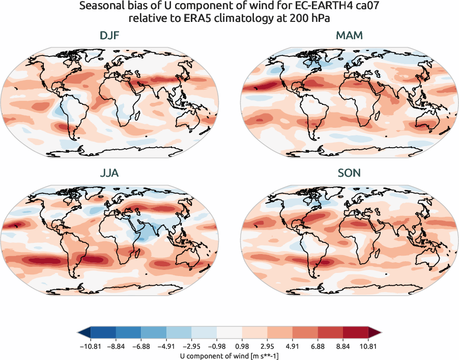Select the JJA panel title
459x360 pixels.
coord(110,173)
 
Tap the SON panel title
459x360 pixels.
coord(349,173)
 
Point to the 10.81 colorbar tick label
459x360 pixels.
coord(369,346)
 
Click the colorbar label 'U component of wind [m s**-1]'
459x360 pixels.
coord(230,356)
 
